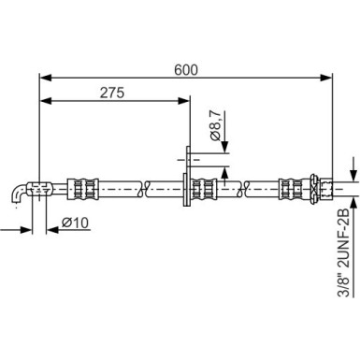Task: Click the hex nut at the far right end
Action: (x=318, y=188)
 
